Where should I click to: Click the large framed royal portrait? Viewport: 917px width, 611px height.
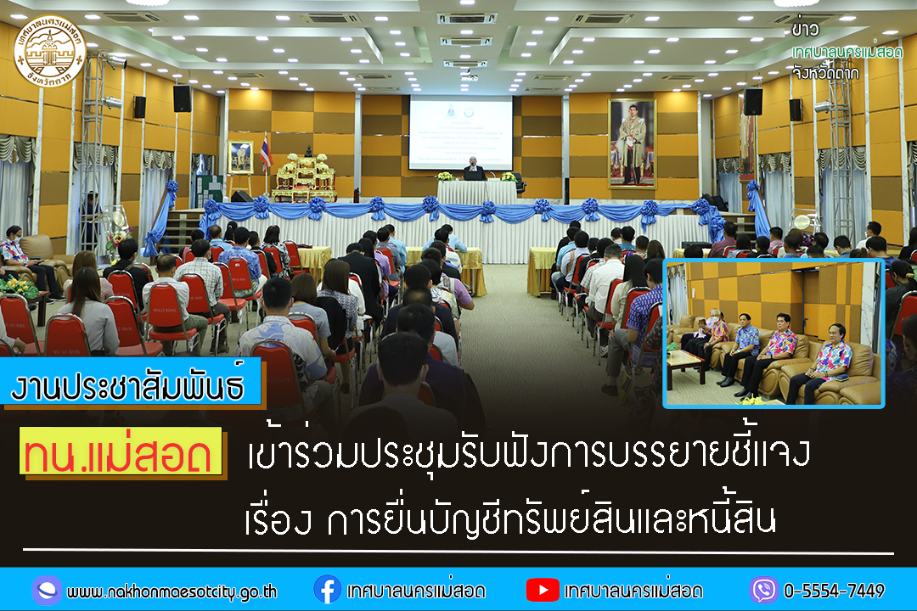coord(632,143)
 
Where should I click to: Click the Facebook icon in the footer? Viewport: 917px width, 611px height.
coord(327,590)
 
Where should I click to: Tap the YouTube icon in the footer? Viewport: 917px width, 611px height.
coord(542,590)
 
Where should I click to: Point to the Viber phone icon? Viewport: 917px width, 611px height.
coord(763,590)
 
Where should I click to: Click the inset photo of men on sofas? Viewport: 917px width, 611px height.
coord(774,334)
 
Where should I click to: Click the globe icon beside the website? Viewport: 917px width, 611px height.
coord(46,590)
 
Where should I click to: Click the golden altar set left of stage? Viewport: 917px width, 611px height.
coord(304,178)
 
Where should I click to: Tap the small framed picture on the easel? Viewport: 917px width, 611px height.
coord(240,157)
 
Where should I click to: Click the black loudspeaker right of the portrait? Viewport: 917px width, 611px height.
coord(752,102)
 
